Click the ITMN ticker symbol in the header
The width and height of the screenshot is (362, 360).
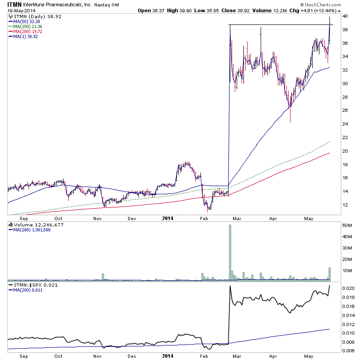coord(14,4)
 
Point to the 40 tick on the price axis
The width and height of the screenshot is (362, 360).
coord(345,16)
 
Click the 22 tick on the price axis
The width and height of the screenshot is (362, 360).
coord(345,137)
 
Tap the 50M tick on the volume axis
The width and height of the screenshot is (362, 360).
coord(346,225)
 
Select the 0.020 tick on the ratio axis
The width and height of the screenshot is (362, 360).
coord(348,288)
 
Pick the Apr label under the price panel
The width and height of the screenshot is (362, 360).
coord(273,217)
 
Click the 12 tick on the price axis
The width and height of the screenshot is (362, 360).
coord(345,205)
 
